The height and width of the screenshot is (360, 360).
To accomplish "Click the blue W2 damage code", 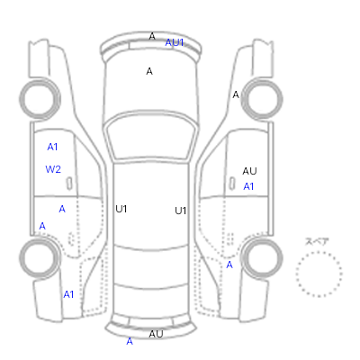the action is click(53, 169).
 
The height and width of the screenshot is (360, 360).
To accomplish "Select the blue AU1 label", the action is click(175, 42).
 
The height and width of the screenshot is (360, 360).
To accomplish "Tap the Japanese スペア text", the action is click(317, 241).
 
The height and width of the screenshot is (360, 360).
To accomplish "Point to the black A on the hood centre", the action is click(149, 71).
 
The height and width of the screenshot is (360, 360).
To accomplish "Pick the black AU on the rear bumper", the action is click(156, 334).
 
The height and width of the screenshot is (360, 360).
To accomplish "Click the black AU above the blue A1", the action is click(249, 171).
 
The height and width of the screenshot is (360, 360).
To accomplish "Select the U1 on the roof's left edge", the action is click(121, 209).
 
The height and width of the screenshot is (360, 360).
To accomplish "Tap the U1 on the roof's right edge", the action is click(181, 211).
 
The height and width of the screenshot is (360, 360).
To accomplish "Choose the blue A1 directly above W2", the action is click(52, 147).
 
